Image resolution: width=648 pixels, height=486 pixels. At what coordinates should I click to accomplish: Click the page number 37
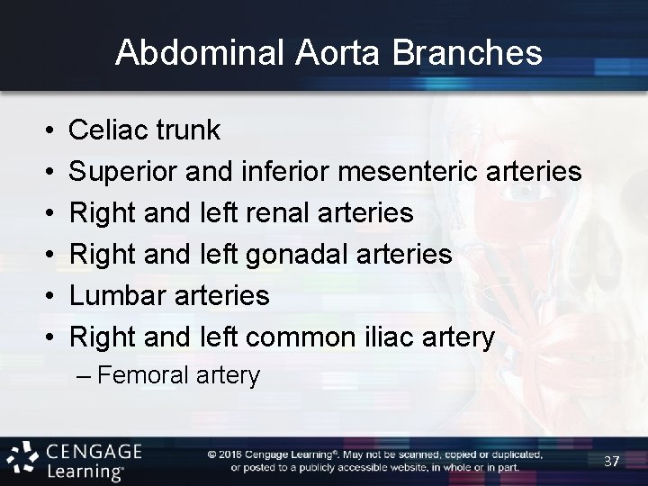(x=612, y=461)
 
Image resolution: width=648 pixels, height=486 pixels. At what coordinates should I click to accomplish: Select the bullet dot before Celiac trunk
(x=45, y=131)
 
